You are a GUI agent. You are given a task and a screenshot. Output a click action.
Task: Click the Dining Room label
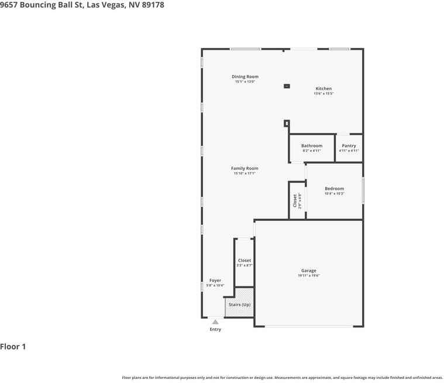coord(245,77)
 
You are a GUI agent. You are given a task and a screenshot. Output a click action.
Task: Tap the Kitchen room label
coord(323,89)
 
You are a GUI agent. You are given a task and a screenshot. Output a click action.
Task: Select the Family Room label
coord(244,169)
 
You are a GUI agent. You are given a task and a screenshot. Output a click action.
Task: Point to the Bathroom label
coord(311,146)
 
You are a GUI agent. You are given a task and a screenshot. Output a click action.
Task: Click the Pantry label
coord(349,146)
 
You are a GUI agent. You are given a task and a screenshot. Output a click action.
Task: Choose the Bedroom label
coord(334,189)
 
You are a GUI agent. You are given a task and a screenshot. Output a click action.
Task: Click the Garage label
coord(308,271)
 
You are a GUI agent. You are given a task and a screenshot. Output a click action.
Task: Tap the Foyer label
coord(215,281)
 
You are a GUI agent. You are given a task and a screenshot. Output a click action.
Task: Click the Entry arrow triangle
coord(215,322)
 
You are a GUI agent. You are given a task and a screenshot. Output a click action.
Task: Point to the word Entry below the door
coord(215,330)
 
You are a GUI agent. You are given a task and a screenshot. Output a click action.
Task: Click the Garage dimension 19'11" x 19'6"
coord(308,276)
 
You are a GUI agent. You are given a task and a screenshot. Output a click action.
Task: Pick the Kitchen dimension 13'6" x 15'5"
coord(323,94)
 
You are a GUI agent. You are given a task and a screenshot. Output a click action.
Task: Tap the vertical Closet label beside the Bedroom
coord(295,200)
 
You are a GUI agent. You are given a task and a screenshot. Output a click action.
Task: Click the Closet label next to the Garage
coord(244,261)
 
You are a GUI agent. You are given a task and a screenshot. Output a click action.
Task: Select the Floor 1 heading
coord(13,347)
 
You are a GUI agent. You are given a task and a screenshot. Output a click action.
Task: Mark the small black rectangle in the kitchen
coord(287,86)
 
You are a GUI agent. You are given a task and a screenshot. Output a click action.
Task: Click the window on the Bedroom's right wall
coord(363,190)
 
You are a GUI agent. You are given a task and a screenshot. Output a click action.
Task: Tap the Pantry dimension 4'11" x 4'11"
coord(349,151)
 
